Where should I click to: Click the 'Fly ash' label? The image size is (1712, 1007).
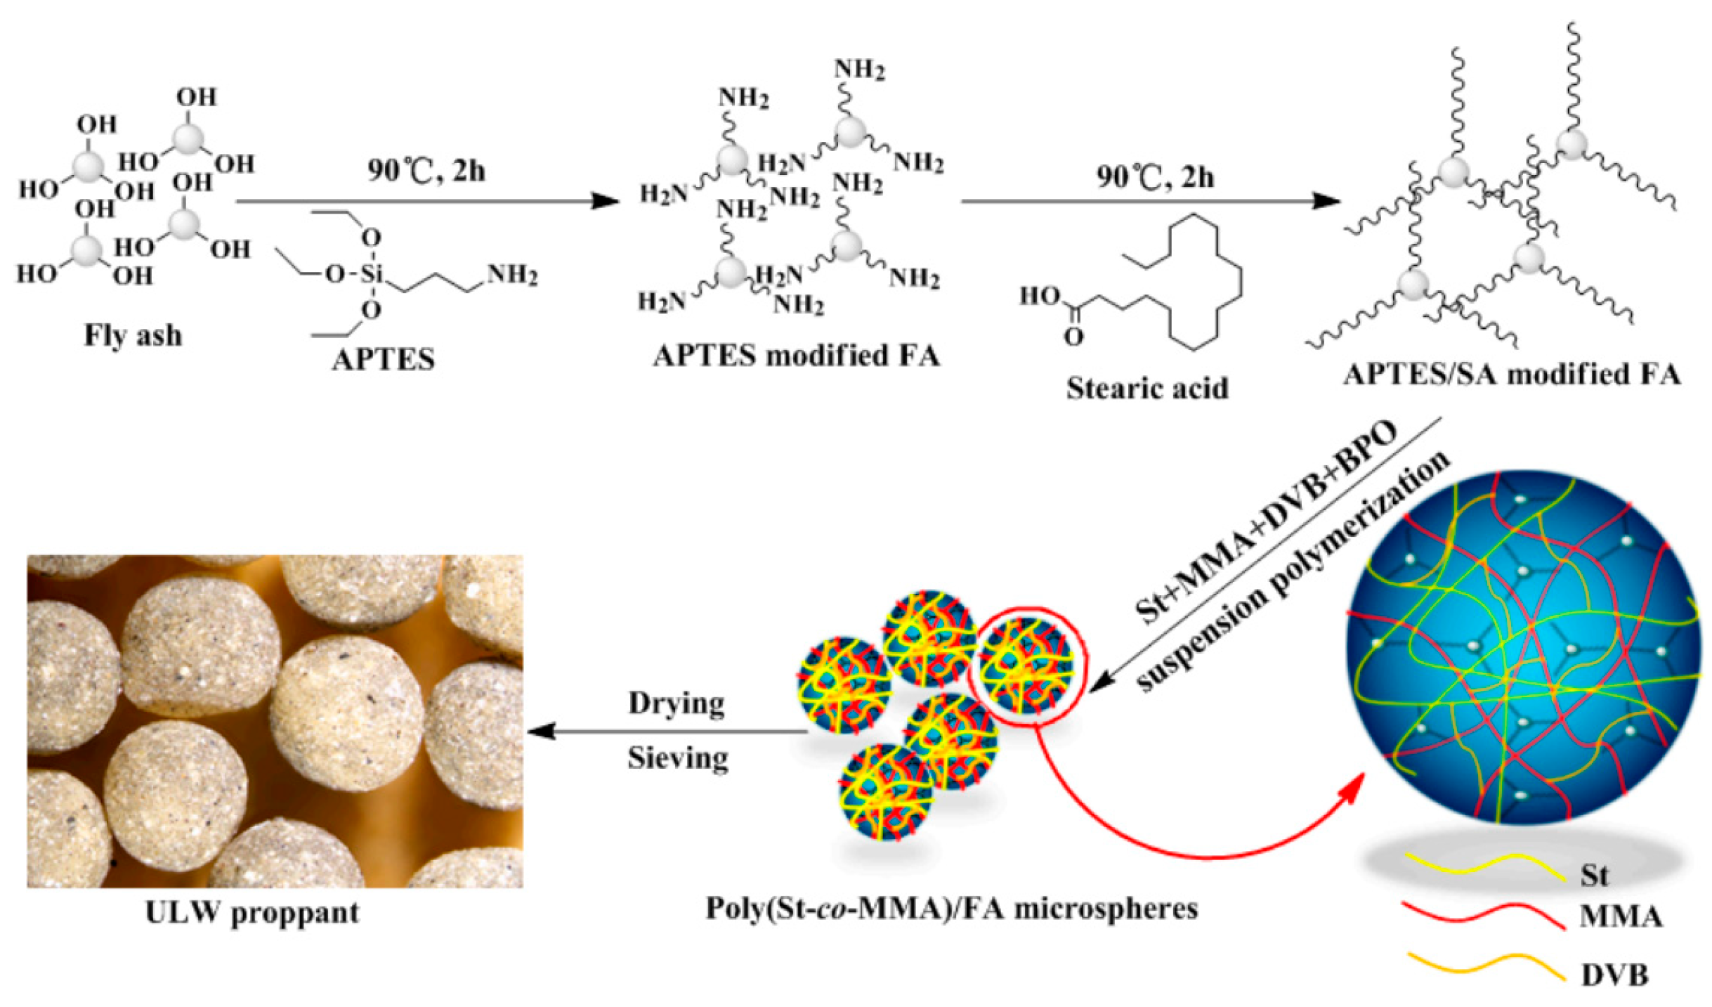[133, 335]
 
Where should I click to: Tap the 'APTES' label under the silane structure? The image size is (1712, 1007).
[384, 360]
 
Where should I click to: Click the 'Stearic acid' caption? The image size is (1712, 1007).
[1147, 388]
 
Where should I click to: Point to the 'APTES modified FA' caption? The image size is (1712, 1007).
[796, 356]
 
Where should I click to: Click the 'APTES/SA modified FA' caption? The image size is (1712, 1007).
[1512, 374]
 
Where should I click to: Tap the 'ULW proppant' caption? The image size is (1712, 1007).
[252, 913]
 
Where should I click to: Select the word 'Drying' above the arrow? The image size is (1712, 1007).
[676, 703]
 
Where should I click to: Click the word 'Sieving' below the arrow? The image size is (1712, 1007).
[677, 758]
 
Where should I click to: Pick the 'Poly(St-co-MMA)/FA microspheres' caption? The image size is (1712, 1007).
[951, 909]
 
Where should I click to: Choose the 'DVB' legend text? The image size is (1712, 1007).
[1614, 975]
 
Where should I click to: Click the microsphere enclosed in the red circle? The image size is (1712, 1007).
[1026, 664]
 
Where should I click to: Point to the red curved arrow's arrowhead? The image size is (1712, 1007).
[1352, 786]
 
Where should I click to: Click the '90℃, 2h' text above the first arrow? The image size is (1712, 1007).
[426, 171]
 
